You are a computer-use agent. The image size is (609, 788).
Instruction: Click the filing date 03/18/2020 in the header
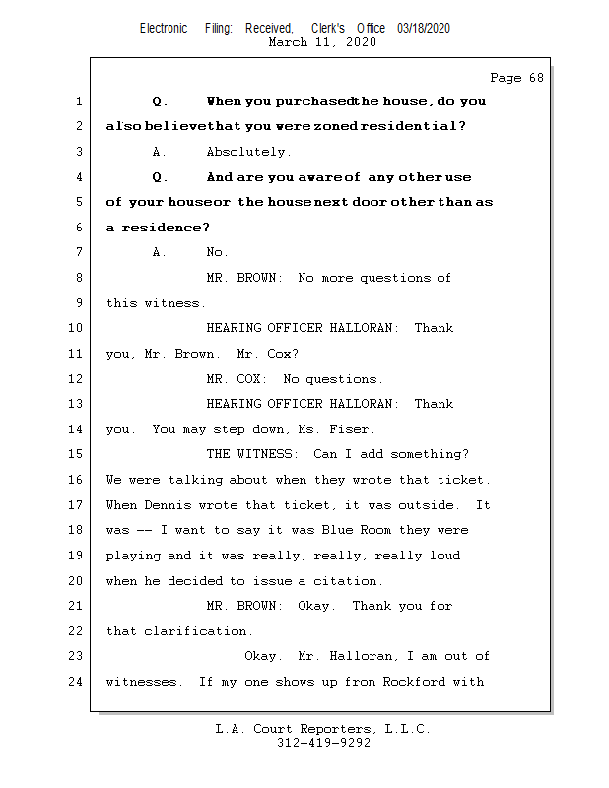pyautogui.click(x=424, y=29)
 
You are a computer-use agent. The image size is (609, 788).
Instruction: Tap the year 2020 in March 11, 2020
pyautogui.click(x=359, y=42)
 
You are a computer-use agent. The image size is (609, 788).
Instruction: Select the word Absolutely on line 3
pyautogui.click(x=248, y=153)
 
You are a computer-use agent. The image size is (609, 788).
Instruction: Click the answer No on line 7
pyautogui.click(x=217, y=253)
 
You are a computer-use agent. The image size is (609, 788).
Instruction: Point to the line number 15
pyautogui.click(x=77, y=454)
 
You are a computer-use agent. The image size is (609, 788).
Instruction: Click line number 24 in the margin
pyautogui.click(x=77, y=681)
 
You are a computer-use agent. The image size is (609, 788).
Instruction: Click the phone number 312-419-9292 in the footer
pyautogui.click(x=323, y=744)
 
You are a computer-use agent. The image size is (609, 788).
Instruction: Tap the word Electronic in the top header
pyautogui.click(x=164, y=29)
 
